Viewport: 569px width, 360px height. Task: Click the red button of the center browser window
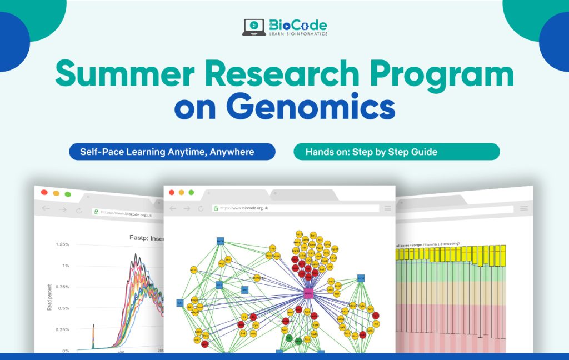click(x=171, y=192)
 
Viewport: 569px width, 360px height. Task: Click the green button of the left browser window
click(x=68, y=194)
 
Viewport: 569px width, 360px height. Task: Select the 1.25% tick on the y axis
click(x=61, y=244)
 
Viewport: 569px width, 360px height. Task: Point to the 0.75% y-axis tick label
click(x=61, y=287)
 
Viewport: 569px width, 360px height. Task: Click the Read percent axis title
click(x=49, y=297)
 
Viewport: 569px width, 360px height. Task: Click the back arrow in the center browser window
click(x=173, y=208)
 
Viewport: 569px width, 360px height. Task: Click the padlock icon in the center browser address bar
click(x=216, y=208)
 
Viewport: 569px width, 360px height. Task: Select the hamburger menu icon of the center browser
click(x=387, y=208)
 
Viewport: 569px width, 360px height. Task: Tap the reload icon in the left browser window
click(x=79, y=211)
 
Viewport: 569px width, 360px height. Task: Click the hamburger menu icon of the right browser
click(x=524, y=208)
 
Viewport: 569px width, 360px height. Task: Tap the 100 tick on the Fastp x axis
click(x=120, y=352)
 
